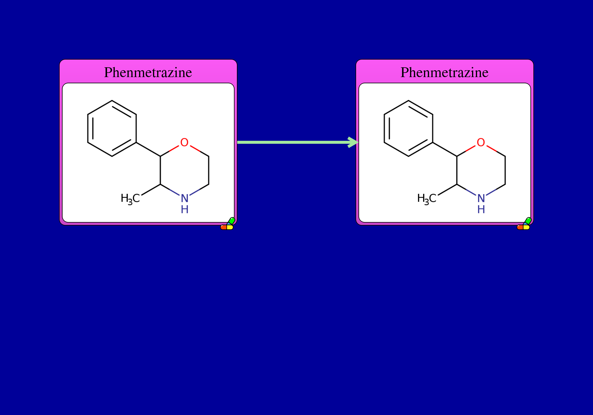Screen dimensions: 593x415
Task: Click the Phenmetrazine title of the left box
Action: (x=148, y=72)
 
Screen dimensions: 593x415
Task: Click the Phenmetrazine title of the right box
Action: (x=444, y=72)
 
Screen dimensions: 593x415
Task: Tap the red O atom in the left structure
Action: (x=184, y=142)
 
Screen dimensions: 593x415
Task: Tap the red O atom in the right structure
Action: (x=481, y=142)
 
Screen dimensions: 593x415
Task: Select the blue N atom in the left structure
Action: (x=185, y=198)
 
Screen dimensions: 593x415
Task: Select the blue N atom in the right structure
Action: (x=481, y=198)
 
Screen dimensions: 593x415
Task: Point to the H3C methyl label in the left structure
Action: (x=130, y=199)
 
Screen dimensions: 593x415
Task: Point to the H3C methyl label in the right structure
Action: (x=427, y=199)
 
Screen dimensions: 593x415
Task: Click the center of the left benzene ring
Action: (x=112, y=128)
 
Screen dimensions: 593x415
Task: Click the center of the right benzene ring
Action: (x=409, y=128)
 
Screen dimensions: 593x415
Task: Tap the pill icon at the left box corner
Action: (x=227, y=224)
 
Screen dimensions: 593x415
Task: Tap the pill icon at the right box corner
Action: (x=524, y=224)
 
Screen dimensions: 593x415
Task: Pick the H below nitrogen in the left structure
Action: (x=185, y=210)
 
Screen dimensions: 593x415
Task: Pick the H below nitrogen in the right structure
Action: (x=481, y=210)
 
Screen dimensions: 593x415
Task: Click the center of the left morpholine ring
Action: (x=184, y=170)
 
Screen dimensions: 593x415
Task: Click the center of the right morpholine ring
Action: (x=481, y=170)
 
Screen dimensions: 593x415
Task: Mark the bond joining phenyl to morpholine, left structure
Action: (x=148, y=149)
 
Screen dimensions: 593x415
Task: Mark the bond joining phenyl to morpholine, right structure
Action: (x=445, y=149)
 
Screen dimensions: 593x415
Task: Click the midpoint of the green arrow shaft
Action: (x=294, y=142)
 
